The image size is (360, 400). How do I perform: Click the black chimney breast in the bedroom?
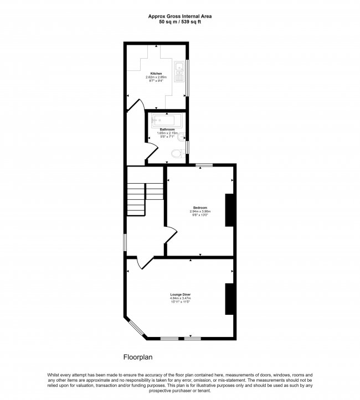click(x=228, y=210)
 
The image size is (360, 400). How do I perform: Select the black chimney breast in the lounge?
click(x=228, y=299)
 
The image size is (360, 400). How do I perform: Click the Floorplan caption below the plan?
click(x=138, y=357)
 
